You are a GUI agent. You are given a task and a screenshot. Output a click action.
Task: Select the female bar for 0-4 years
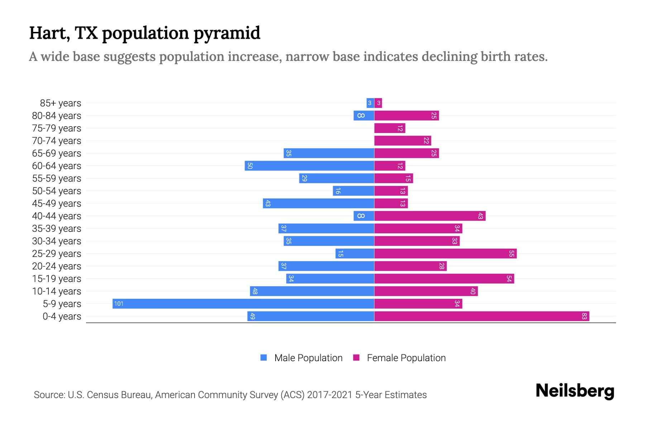(482, 316)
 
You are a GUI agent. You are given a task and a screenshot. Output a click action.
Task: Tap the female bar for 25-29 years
(445, 254)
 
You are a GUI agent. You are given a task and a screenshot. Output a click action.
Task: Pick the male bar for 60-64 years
(309, 166)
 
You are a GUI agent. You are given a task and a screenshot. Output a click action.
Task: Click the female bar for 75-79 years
(390, 128)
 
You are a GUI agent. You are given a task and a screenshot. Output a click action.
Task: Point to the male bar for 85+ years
(370, 103)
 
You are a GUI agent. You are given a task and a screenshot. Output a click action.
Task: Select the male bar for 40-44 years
(364, 216)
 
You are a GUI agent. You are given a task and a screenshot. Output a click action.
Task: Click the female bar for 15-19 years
(444, 279)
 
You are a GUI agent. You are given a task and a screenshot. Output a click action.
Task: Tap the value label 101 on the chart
(119, 304)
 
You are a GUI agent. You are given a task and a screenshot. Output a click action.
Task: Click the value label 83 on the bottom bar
(584, 316)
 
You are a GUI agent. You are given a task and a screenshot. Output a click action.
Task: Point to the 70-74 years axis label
(57, 141)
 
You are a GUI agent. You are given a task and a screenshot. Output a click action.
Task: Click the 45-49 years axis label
(57, 204)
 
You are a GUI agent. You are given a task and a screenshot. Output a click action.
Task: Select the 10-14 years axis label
(57, 291)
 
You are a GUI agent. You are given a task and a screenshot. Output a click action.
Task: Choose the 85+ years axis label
(61, 103)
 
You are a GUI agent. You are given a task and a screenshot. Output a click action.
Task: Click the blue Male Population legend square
(264, 358)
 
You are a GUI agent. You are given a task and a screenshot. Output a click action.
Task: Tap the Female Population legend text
(406, 358)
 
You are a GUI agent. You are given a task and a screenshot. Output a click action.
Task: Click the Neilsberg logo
(575, 391)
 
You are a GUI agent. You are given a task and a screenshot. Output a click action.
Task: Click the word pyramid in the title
(227, 33)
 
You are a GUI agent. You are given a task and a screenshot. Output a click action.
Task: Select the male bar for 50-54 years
(353, 191)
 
